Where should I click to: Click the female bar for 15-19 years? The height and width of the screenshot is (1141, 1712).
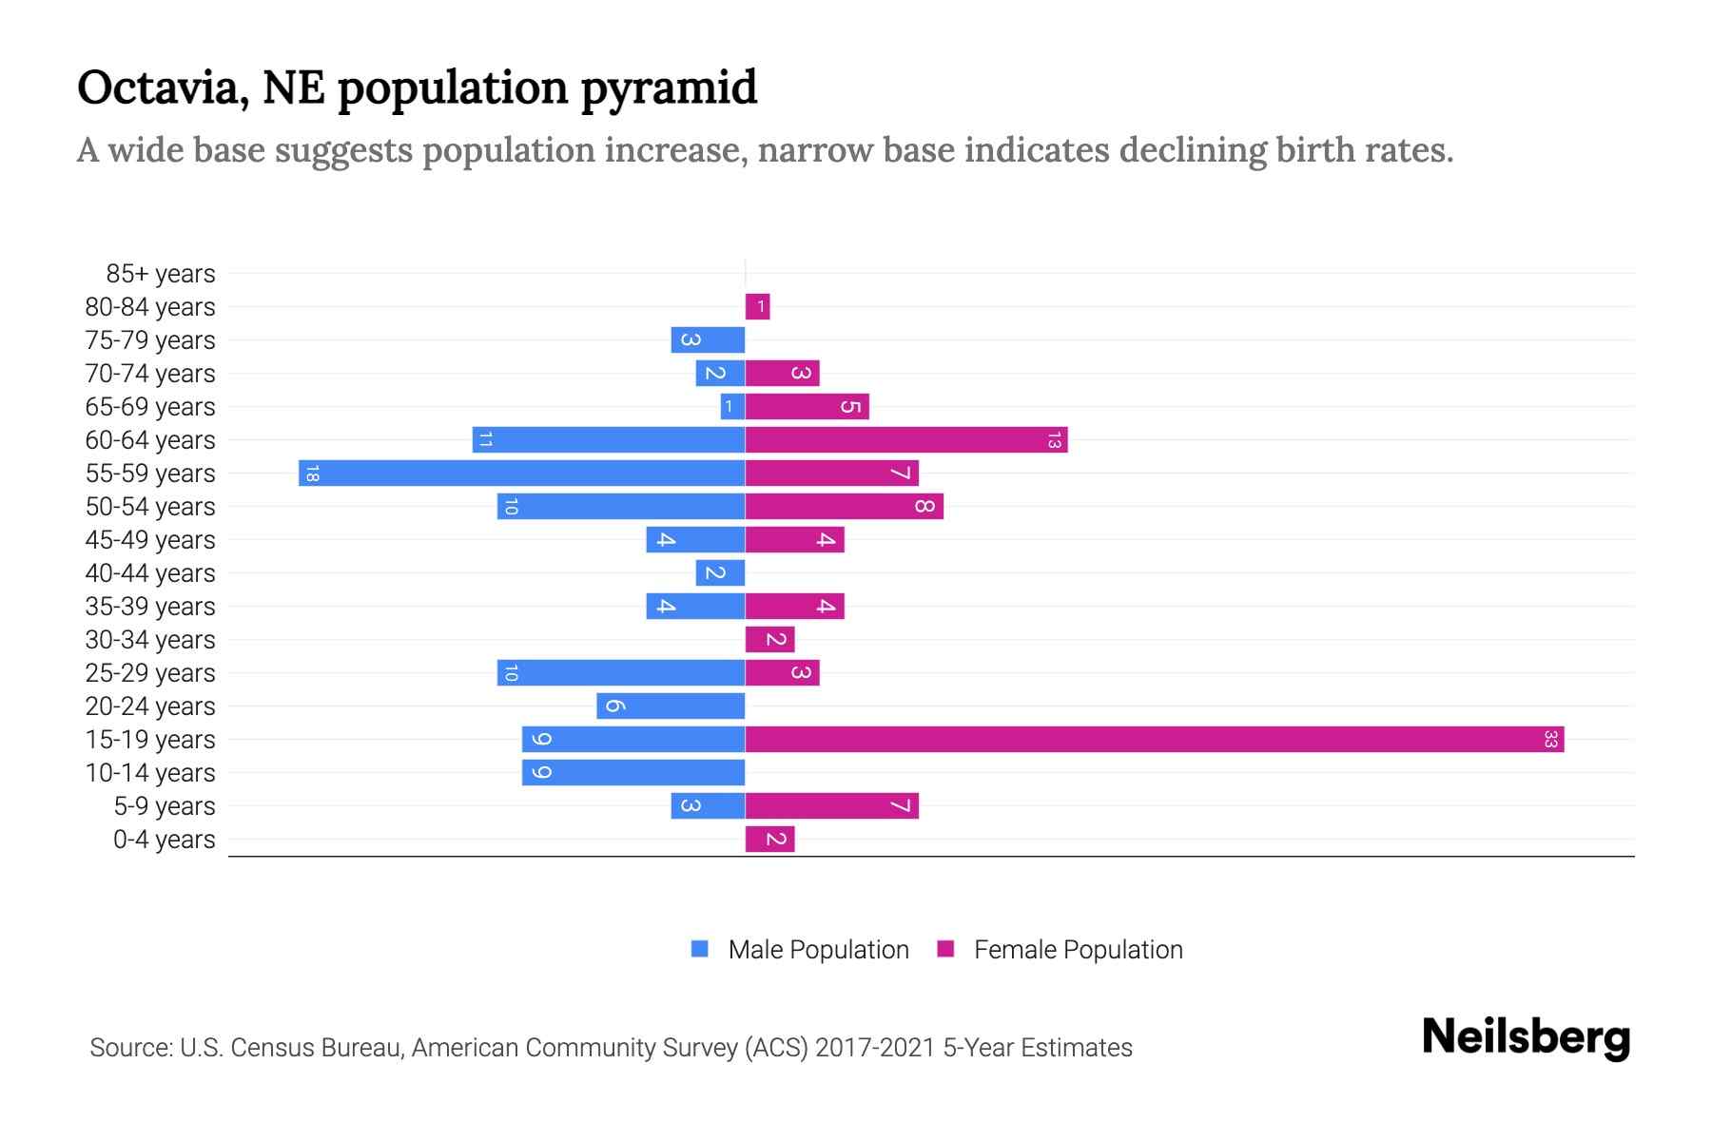point(1154,739)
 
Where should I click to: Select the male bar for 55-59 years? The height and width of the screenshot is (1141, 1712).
point(521,473)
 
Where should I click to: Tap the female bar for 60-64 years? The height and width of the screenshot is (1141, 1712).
point(905,439)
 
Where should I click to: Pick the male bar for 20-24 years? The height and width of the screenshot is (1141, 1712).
point(671,706)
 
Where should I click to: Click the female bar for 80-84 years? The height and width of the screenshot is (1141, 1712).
point(757,306)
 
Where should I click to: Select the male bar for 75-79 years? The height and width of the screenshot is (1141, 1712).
point(708,339)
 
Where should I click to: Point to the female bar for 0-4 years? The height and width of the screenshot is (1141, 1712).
point(769,839)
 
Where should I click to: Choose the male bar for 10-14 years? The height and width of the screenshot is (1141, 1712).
point(633,772)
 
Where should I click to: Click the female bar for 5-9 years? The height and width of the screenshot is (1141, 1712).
point(831,805)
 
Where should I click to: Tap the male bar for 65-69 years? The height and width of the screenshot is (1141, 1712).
point(732,406)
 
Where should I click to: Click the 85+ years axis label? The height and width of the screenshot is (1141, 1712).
point(161,274)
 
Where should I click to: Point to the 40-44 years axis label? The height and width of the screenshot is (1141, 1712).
point(150,573)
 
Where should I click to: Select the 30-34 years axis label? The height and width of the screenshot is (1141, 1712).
point(150,640)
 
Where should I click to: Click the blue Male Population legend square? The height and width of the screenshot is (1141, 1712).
point(700,949)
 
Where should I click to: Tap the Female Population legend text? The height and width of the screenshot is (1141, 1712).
point(1078,949)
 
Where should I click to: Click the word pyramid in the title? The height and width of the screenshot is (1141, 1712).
point(669,87)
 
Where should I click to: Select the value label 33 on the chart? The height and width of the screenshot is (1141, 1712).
point(1550,739)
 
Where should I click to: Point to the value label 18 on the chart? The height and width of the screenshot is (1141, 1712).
point(312,473)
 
